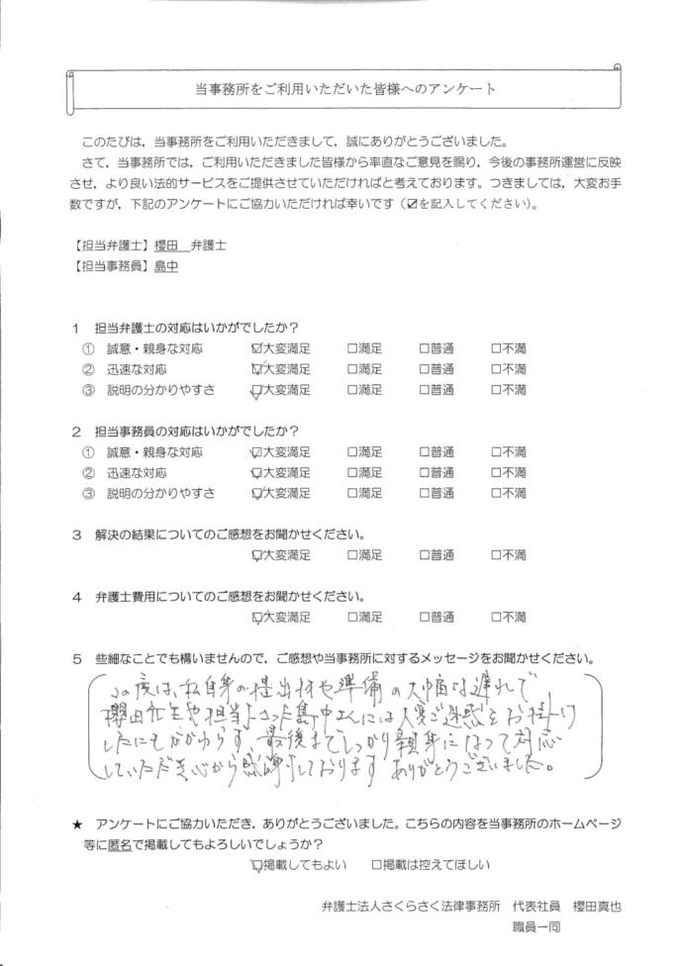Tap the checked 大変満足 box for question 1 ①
click(x=258, y=348)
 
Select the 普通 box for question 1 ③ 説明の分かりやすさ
click(x=425, y=390)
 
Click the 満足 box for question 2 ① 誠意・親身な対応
click(x=352, y=451)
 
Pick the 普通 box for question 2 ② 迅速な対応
click(x=425, y=472)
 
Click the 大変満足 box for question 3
click(x=258, y=555)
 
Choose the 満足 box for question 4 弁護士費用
click(x=352, y=617)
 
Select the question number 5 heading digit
click(x=75, y=658)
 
